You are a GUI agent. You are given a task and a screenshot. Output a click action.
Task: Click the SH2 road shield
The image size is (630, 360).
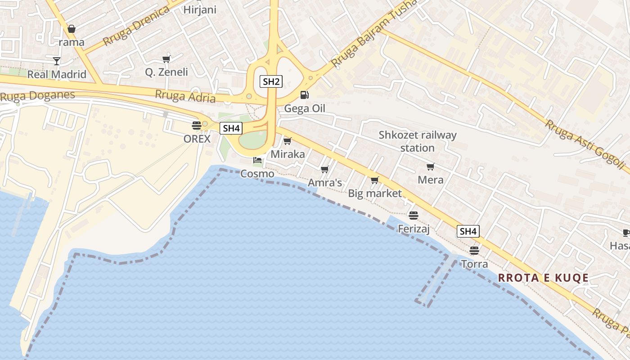click(271, 81)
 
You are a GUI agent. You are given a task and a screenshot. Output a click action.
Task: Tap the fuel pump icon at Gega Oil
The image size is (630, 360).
click(305, 95)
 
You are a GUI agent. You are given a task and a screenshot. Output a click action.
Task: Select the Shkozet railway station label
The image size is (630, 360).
click(417, 141)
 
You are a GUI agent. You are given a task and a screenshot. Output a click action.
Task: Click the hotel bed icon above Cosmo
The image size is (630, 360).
click(257, 160)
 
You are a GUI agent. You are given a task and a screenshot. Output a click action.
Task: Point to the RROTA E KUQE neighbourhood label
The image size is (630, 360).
click(543, 278)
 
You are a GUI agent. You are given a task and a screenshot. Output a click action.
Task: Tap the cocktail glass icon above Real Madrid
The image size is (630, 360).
click(57, 61)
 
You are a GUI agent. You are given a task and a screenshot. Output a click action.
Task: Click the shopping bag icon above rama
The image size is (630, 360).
click(71, 29)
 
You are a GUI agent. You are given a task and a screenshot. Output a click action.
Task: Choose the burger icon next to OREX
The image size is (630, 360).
click(196, 125)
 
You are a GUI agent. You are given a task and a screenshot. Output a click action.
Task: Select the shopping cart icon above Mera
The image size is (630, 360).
click(430, 167)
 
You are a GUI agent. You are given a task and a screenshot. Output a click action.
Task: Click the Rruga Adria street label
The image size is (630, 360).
click(185, 96)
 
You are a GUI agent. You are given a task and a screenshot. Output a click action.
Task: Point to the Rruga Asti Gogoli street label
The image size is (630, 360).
click(585, 144)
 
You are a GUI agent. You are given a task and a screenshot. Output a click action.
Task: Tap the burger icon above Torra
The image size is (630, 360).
click(474, 250)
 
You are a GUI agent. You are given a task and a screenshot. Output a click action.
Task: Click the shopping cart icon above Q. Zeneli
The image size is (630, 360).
click(166, 59)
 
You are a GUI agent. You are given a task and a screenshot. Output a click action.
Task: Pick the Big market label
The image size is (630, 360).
click(375, 193)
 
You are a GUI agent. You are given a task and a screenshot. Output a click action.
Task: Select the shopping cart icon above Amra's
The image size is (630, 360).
click(324, 170)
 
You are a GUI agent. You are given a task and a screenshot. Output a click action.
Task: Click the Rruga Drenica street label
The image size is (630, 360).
click(135, 26)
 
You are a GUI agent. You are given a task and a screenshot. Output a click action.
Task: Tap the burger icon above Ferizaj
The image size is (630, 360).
click(414, 216)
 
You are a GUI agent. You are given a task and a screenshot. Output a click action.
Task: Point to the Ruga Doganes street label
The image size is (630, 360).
click(37, 96)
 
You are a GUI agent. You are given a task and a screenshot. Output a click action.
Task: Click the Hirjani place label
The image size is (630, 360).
click(200, 10)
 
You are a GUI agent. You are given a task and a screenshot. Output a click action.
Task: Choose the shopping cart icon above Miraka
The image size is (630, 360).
click(287, 141)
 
